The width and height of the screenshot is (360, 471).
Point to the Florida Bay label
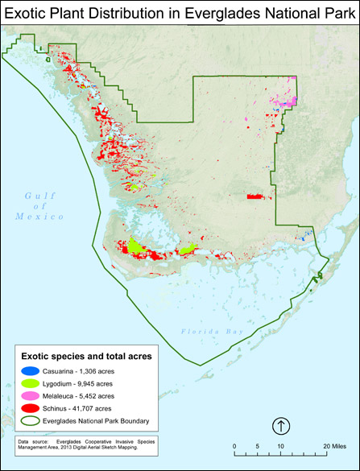coord(209,332)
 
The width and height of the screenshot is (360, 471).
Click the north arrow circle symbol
coord(280,425)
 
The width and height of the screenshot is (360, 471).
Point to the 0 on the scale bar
coord(234,445)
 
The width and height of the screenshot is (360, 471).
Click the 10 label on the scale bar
coord(280,445)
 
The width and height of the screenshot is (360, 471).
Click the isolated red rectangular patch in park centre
coord(254,196)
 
